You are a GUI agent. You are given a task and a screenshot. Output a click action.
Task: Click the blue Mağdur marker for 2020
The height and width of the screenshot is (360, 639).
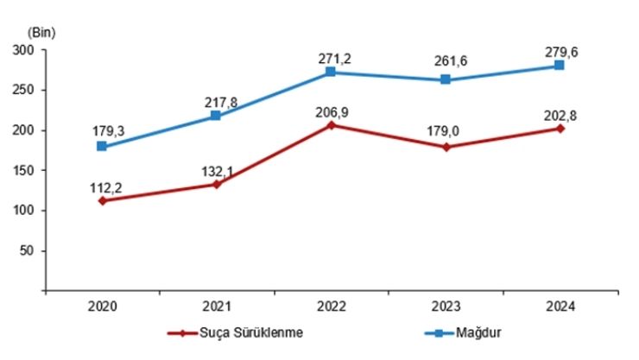[x=102, y=146]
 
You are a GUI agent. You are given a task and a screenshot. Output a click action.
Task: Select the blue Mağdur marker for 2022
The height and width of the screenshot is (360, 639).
[x=331, y=72]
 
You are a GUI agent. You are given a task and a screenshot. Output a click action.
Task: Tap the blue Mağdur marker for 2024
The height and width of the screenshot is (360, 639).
[x=560, y=65]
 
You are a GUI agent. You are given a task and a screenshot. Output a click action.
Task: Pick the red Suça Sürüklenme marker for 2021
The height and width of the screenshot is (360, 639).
[x=217, y=184]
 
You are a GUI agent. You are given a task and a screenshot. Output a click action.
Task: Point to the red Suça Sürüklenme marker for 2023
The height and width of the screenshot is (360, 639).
[x=446, y=147]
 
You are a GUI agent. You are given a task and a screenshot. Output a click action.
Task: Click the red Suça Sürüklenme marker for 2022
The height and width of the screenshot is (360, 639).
[x=331, y=124]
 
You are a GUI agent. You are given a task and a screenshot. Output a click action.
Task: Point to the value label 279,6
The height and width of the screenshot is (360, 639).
[x=561, y=51]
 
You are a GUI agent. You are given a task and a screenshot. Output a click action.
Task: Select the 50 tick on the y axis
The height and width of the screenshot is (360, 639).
[x=26, y=251]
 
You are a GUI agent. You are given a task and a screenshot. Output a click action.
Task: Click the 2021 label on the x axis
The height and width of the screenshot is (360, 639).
[x=217, y=306]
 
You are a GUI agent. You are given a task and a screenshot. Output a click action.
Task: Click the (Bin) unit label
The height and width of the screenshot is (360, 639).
[x=41, y=32]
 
